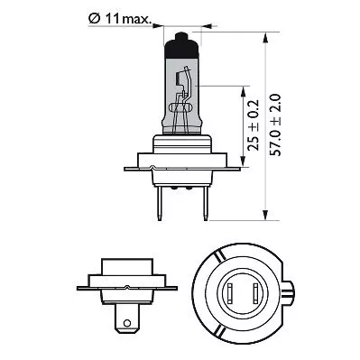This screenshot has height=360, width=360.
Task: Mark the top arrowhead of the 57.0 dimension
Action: click(267, 38)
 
